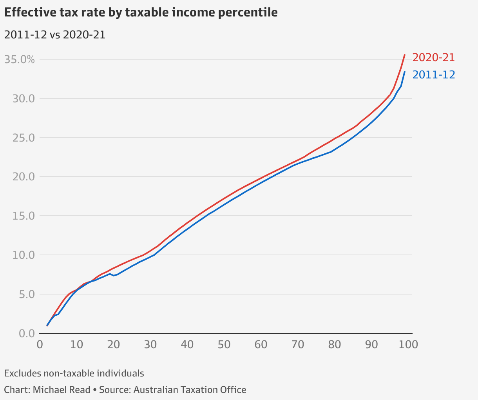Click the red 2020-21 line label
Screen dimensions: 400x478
[x=434, y=58]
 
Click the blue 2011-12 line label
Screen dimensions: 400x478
[x=434, y=75]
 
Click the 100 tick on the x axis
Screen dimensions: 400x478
[x=408, y=345]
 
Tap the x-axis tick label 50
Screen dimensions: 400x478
[x=224, y=345]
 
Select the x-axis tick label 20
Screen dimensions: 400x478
[x=114, y=345]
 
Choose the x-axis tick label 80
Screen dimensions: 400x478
[x=335, y=345]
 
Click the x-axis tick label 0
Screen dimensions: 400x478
[x=40, y=345]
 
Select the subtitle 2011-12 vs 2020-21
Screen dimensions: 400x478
[x=54, y=35]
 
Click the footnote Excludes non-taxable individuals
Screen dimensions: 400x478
[x=74, y=373]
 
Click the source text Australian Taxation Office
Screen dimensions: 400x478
[x=190, y=390]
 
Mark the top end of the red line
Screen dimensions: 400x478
[x=405, y=55]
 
